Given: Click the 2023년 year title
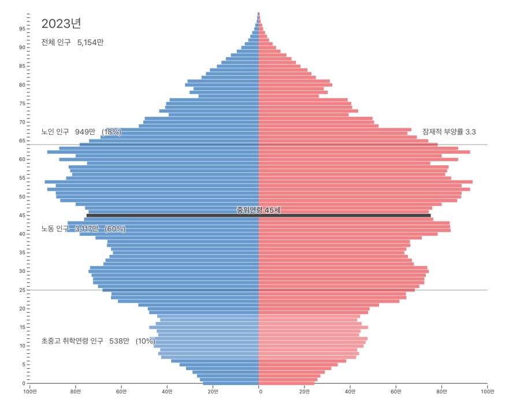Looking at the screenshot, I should tap(61, 24).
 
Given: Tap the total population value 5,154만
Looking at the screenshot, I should tap(90, 42).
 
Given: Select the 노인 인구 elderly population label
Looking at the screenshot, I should tap(56, 132).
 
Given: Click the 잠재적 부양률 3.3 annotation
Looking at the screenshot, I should tap(449, 132).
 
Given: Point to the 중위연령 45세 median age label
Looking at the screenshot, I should tap(258, 210).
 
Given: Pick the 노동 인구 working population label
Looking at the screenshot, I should tap(56, 229).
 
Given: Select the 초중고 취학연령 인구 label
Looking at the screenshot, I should tap(72, 341).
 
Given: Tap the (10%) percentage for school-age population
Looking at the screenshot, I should tap(145, 341).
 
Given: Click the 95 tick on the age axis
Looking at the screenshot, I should tap(22, 28).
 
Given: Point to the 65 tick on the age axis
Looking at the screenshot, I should tap(22, 140).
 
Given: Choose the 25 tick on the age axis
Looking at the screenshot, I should tap(22, 290).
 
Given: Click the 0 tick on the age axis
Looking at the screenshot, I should tap(23, 383).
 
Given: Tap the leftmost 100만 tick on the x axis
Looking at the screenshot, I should tap(29, 392).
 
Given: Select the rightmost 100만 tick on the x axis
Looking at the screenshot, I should tap(487, 392).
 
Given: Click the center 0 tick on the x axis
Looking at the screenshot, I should tap(260, 392).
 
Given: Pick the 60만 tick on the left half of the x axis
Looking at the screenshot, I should tap(121, 392).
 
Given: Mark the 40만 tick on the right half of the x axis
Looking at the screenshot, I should tap(350, 392).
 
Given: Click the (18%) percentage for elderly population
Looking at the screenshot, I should tap(112, 132).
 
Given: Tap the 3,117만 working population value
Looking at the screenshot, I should tap(87, 229).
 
